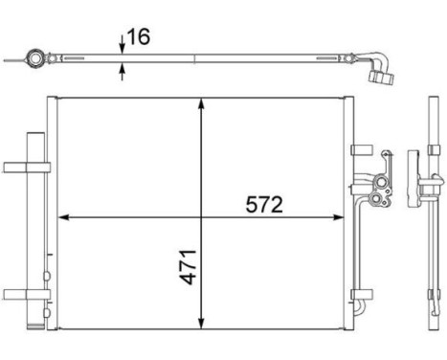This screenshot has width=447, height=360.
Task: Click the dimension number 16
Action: [x=139, y=38]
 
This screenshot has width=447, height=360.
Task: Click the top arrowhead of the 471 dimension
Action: [x=199, y=103]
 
